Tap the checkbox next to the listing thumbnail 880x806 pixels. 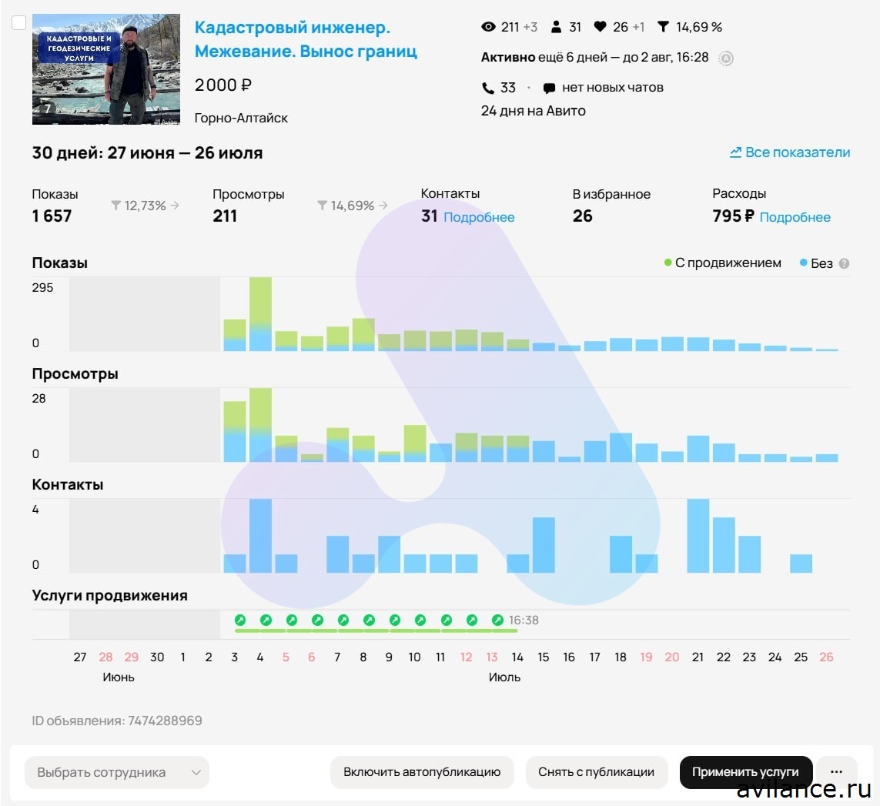point(19,23)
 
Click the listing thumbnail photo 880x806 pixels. point(106,69)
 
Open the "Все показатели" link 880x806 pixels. point(790,152)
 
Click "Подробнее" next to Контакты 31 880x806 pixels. point(479,217)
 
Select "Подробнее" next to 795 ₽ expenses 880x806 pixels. point(795,217)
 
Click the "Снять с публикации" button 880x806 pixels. point(597,772)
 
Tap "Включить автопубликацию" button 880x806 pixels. point(422,772)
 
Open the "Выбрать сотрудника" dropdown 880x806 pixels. point(117,772)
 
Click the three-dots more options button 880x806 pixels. point(836,772)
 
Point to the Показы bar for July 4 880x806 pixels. point(260,314)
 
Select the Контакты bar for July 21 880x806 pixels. point(698,536)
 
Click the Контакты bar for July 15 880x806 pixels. point(544,545)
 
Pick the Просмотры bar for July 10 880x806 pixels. point(415,443)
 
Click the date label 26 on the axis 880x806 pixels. point(826,657)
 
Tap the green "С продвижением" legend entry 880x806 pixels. point(723,263)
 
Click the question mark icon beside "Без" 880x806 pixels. point(844,263)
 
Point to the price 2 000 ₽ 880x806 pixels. point(223,85)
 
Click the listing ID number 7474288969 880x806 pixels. point(165,721)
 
